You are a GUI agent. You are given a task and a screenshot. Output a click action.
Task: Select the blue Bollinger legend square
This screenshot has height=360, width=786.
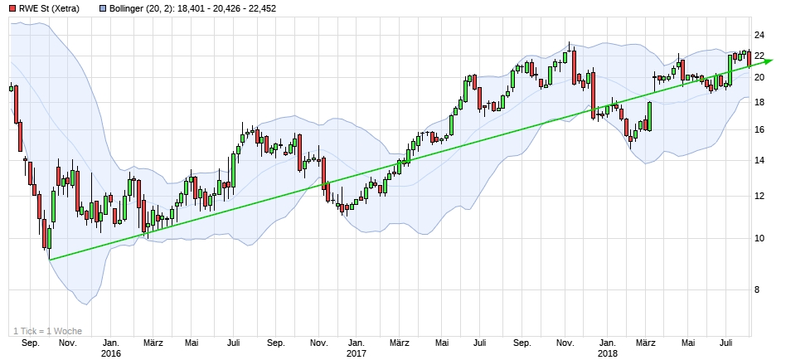click(103, 9)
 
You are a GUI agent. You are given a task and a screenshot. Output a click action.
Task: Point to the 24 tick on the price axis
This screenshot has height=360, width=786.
click(759, 35)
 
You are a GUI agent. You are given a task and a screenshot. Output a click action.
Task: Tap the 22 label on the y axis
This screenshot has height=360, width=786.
click(759, 56)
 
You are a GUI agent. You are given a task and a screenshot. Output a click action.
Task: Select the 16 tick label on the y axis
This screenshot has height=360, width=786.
click(759, 129)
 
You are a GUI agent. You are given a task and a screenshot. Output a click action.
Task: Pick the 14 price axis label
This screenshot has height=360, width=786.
click(759, 160)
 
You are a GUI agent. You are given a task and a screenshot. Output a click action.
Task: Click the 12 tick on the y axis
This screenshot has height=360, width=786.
click(759, 197)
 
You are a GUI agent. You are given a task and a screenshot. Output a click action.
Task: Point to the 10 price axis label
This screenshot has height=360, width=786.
click(759, 239)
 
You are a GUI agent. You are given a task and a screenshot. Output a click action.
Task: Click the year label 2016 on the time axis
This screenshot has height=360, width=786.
click(109, 354)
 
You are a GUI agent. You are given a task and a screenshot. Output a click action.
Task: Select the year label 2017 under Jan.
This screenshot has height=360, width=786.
click(357, 354)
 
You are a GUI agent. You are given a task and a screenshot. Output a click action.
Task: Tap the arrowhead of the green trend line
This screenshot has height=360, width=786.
click(769, 61)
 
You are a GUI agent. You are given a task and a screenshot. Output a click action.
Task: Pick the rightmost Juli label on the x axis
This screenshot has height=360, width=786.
click(727, 343)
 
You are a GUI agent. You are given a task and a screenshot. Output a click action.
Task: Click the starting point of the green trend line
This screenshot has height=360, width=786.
click(49, 260)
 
